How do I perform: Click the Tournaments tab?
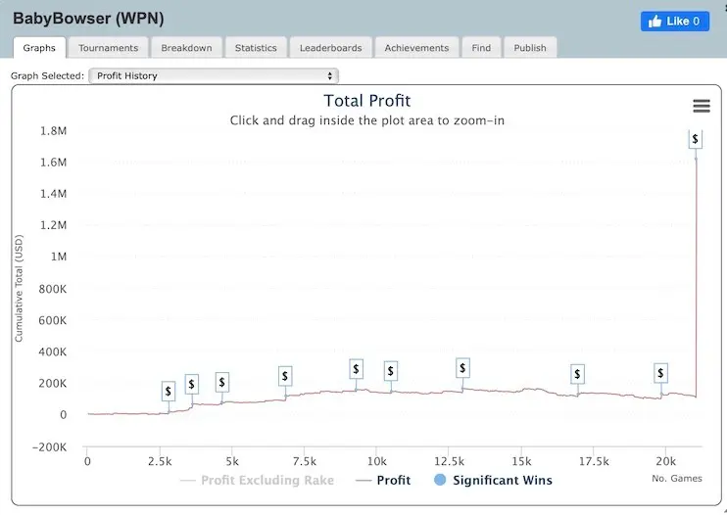tap(108, 47)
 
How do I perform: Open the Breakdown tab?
tap(186, 47)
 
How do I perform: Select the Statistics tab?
tap(256, 47)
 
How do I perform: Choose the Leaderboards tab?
tap(330, 47)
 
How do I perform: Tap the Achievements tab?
tap(416, 47)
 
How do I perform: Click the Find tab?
tap(481, 47)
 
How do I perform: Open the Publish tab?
tap(530, 47)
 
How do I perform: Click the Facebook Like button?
tap(675, 21)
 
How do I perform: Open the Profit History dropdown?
tap(213, 75)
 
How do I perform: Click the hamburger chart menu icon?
tap(701, 106)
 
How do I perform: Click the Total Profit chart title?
tap(367, 101)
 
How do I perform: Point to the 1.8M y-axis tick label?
tap(52, 130)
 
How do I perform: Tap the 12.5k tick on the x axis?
tap(449, 461)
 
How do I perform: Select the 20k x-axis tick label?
tap(665, 461)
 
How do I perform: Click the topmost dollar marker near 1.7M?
tap(695, 139)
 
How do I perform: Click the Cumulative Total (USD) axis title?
tap(19, 288)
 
